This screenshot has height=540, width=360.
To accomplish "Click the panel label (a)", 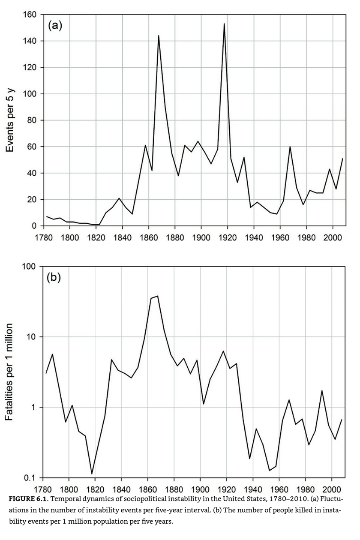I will coord(55,26).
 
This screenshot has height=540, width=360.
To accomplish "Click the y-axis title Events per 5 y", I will coord(11,120).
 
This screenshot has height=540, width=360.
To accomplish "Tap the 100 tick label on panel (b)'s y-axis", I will coord(30,267).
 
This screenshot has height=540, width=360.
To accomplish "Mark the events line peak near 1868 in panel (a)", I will coord(159,36).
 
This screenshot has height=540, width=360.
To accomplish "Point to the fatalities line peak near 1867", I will coord(158,296).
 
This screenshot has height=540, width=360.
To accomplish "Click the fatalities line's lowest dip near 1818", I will coord(92,474).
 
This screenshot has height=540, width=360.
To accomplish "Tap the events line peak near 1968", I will coord(290,147).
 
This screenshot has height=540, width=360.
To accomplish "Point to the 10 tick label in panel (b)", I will coord(33,337).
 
